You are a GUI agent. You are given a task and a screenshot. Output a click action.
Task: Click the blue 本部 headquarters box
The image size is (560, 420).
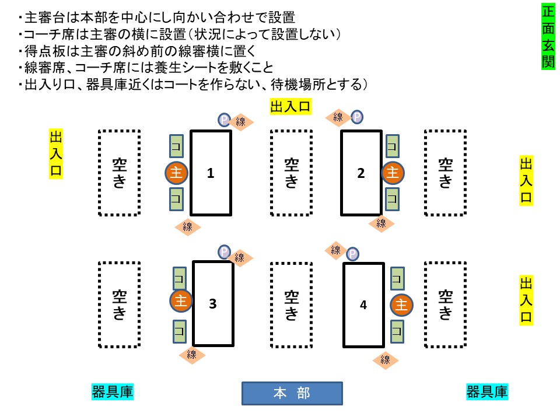click(292, 393)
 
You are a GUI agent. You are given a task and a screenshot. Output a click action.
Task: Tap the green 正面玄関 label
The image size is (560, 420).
click(548, 36)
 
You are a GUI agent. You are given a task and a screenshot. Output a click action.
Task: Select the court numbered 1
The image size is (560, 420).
click(211, 173)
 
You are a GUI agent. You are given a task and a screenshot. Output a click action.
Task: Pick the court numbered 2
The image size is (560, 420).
click(361, 173)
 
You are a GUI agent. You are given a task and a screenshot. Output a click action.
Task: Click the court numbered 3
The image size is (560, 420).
click(213, 303)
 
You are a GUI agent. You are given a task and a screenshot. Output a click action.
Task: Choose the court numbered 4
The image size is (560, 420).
click(363, 304)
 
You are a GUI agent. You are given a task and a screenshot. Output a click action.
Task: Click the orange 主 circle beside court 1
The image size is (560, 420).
click(176, 173)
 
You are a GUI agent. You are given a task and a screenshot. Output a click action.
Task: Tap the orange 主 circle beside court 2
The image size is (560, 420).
click(393, 173)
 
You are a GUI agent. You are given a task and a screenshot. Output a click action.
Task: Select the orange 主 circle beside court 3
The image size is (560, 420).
click(181, 301)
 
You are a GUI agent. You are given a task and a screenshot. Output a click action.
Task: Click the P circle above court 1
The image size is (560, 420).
click(225, 120)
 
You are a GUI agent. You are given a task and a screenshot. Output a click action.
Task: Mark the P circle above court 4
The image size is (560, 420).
click(352, 254)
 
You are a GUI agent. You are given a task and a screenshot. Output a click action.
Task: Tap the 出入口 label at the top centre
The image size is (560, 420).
click(290, 106)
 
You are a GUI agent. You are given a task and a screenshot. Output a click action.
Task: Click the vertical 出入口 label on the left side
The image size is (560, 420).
click(57, 153)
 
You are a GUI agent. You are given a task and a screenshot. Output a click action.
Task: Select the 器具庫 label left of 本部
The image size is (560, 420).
click(113, 391)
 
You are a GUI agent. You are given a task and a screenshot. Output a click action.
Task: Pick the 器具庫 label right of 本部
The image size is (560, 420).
click(487, 391)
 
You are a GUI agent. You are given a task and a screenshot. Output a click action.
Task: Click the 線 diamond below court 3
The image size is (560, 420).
click(192, 355)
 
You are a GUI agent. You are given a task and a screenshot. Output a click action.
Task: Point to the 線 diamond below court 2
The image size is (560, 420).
click(381, 223)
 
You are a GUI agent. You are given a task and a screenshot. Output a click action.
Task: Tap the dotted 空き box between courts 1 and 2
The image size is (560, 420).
click(291, 173)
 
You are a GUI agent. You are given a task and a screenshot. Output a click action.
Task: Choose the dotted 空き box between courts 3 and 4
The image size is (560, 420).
click(291, 304)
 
